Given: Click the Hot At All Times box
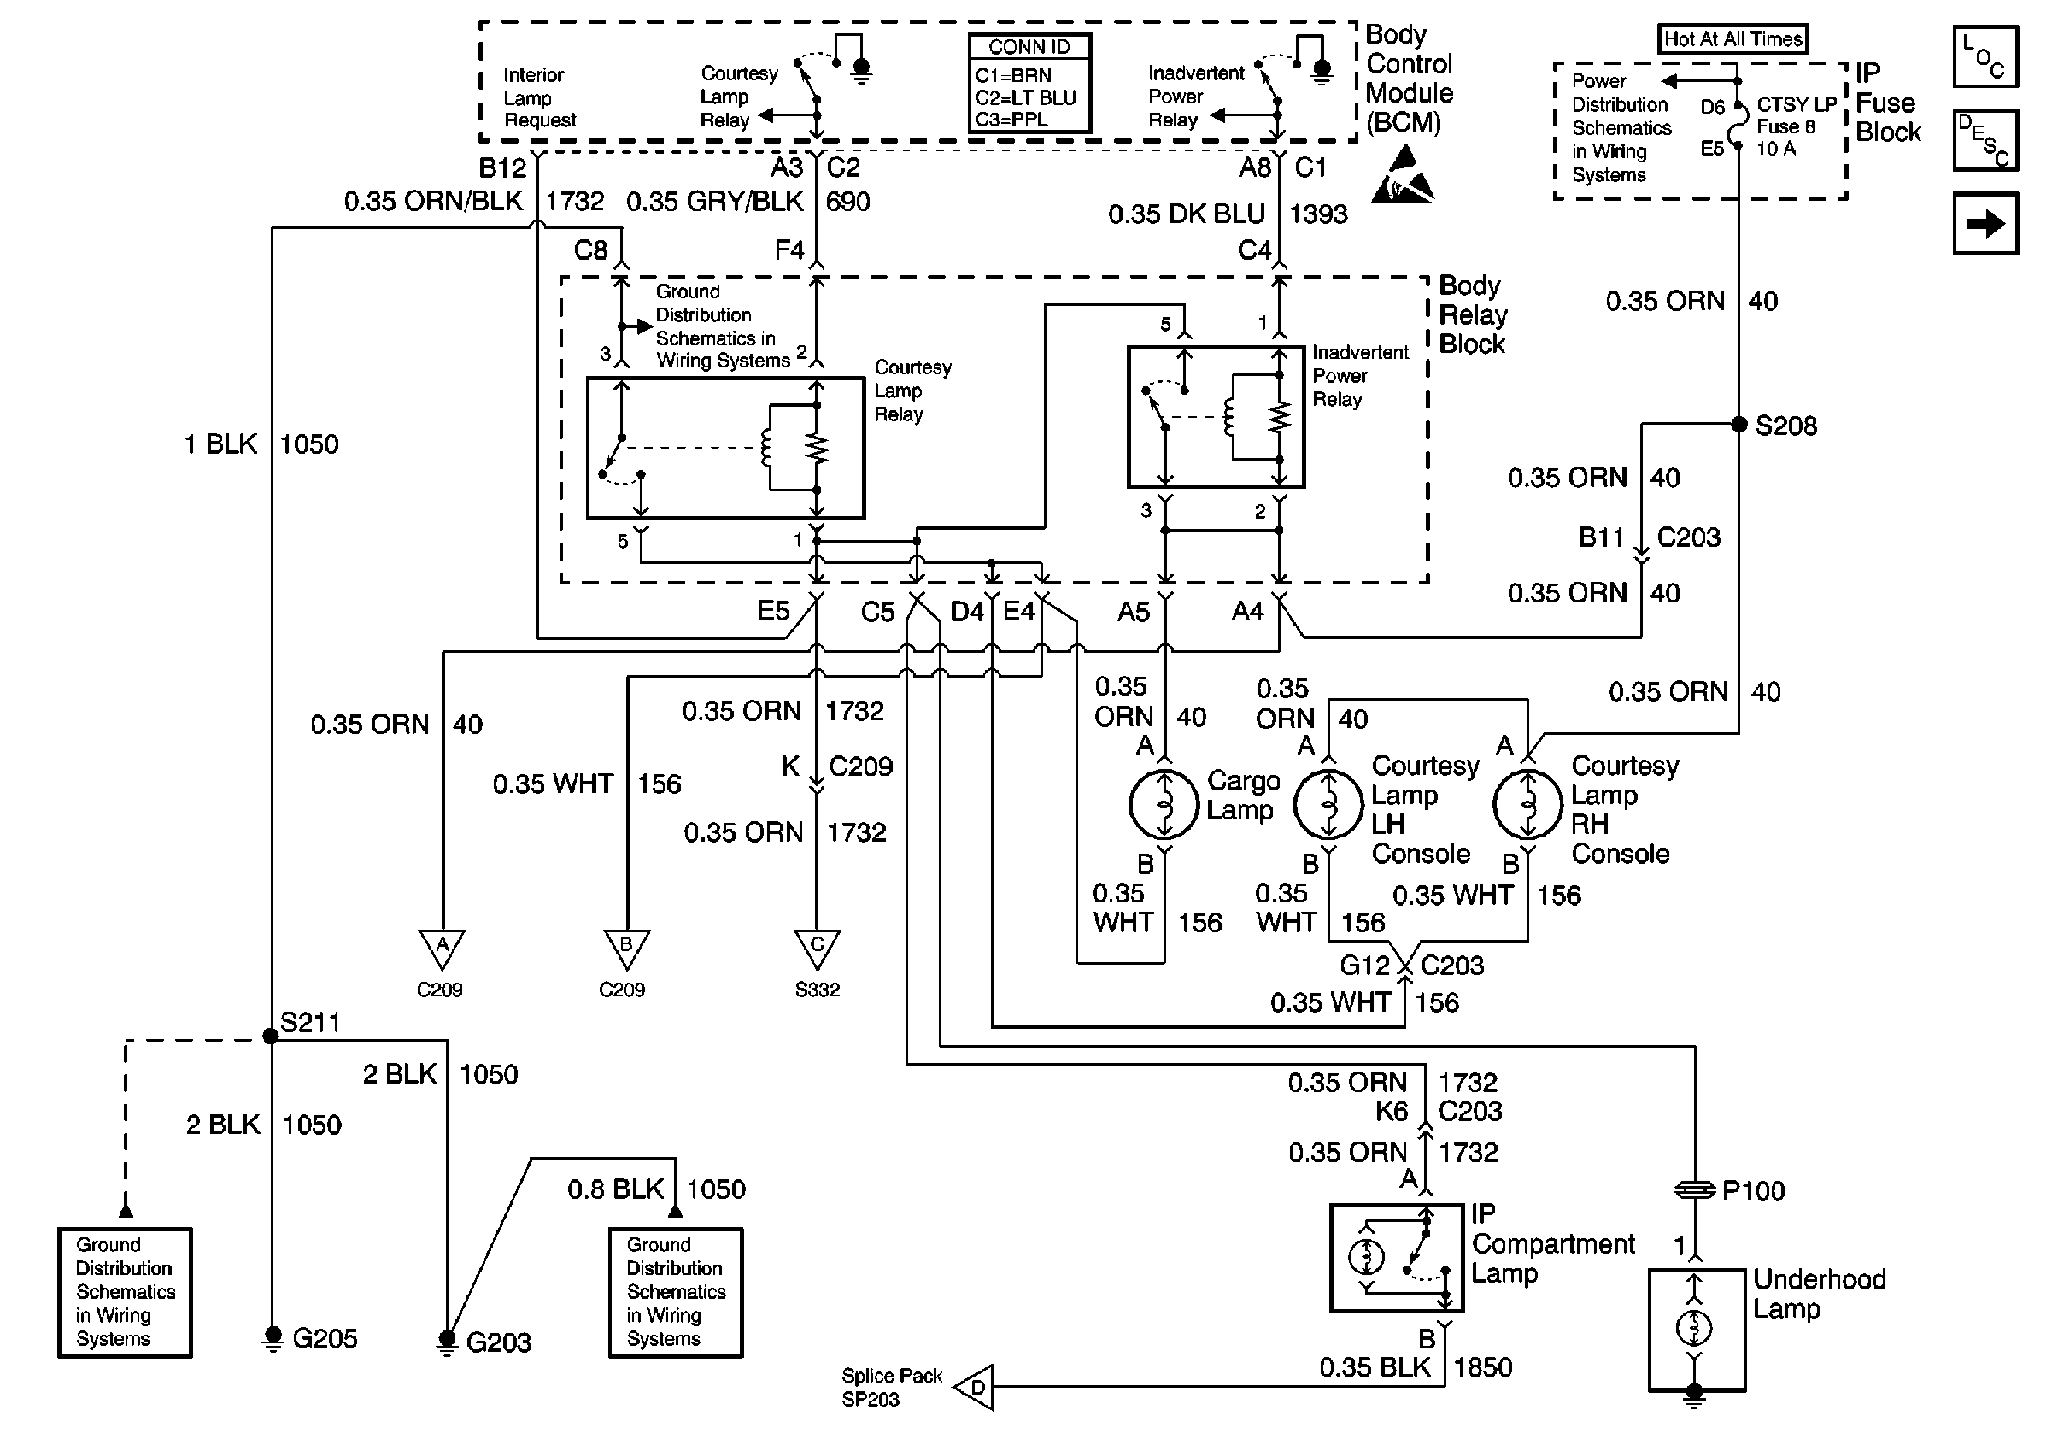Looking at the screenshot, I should click(1732, 39).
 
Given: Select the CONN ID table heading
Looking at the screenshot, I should click(1029, 47).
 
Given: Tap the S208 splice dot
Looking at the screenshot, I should click(1739, 424).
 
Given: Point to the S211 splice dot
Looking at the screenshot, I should click(271, 1036).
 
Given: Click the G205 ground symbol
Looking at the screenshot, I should click(273, 1339).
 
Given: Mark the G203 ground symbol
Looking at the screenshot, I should click(447, 1342).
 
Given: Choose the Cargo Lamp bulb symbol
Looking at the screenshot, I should click(1164, 804).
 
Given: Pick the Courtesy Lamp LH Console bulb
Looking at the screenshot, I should click(1328, 804).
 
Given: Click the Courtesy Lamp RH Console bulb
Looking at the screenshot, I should click(1527, 804).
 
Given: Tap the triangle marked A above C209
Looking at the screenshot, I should click(442, 947).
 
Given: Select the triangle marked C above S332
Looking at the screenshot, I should click(817, 947).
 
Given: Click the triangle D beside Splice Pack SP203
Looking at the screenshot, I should click(976, 1387).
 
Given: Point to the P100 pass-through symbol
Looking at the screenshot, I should click(1695, 1189).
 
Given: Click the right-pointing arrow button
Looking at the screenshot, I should click(1985, 223).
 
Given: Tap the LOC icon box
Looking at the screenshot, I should click(1985, 57).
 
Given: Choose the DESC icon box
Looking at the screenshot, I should click(1985, 140).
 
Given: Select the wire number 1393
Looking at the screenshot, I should click(1318, 214).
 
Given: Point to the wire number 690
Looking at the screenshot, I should click(847, 202).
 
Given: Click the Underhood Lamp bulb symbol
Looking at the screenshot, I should click(1693, 1328).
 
